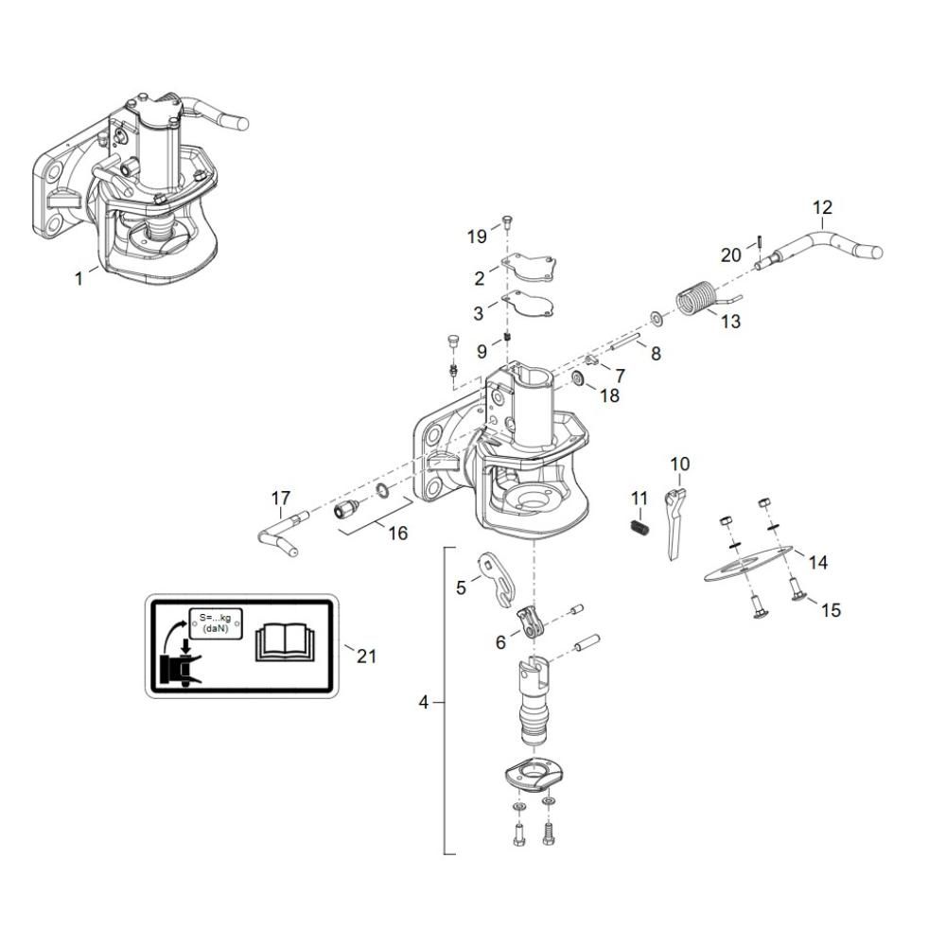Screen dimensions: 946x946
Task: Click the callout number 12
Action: pyautogui.click(x=822, y=207)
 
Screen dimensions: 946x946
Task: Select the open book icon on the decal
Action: pyautogui.click(x=286, y=643)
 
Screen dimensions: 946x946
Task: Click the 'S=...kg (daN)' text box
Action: pyautogui.click(x=216, y=623)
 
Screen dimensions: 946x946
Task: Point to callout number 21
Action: pyautogui.click(x=366, y=656)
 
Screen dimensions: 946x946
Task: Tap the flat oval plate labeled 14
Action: pyautogui.click(x=748, y=564)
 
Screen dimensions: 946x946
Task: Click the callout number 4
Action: pyautogui.click(x=424, y=702)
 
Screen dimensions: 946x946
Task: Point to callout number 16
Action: pyautogui.click(x=397, y=534)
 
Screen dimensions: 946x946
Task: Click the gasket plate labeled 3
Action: pyautogui.click(x=530, y=303)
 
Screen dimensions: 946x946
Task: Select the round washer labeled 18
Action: pyautogui.click(x=577, y=379)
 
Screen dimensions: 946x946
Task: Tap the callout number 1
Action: pyautogui.click(x=79, y=279)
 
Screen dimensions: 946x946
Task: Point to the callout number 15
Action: pyautogui.click(x=831, y=610)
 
